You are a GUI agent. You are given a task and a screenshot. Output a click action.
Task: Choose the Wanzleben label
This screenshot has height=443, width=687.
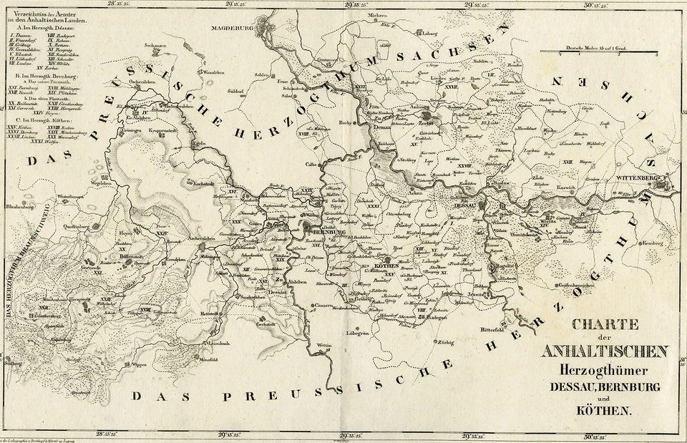tap(213, 73)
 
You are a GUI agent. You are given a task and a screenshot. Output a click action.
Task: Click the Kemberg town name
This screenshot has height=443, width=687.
tap(635, 244)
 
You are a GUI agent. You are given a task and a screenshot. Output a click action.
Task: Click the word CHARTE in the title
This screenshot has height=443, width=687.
tap(605, 324)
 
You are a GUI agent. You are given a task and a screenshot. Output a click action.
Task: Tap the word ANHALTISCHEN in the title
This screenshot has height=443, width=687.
tap(605, 351)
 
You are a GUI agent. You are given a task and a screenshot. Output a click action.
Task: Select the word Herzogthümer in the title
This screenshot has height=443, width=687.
tap(605, 371)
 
